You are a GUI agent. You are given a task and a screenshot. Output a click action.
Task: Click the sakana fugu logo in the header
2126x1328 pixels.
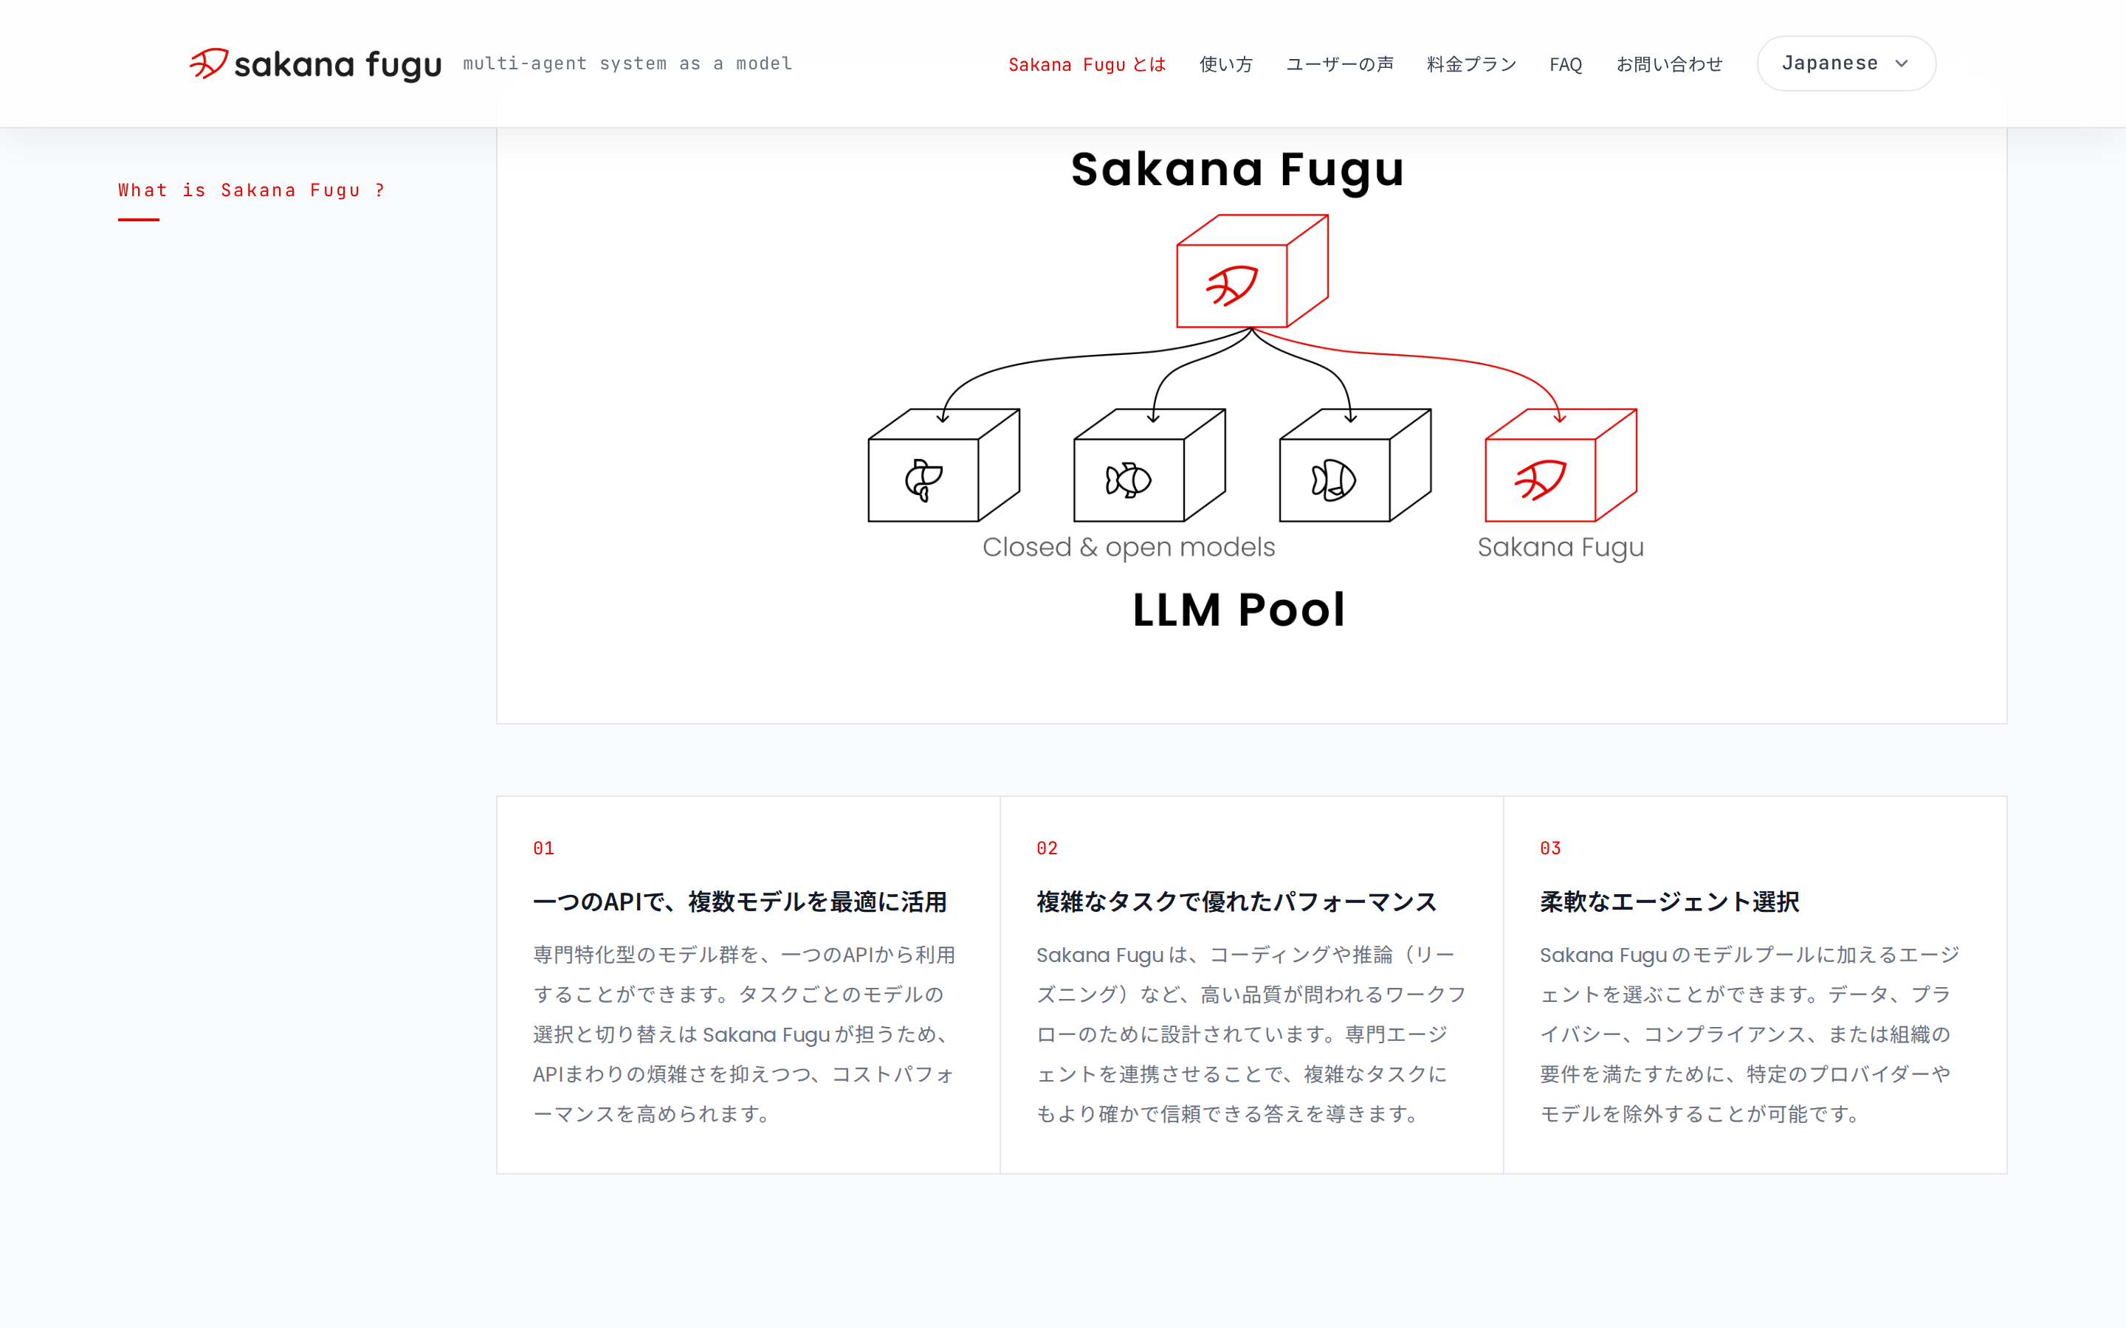click(315, 63)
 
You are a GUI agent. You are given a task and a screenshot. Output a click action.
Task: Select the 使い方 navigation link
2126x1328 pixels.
click(1225, 64)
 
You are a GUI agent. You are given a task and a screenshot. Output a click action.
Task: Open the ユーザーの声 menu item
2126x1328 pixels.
click(1340, 64)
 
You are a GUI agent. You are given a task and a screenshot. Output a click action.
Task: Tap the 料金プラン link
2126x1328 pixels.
click(1471, 64)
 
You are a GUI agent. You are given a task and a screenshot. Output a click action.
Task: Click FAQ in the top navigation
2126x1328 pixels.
click(1566, 64)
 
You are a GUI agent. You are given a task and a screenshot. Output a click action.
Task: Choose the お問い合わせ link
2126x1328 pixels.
click(1669, 64)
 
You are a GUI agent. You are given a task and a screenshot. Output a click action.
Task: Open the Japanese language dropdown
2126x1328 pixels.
click(1845, 63)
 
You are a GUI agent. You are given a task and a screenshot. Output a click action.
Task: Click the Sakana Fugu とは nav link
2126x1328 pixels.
click(1087, 64)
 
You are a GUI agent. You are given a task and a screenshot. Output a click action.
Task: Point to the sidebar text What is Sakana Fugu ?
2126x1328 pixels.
click(251, 190)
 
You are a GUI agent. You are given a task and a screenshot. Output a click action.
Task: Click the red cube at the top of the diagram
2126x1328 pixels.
click(1252, 272)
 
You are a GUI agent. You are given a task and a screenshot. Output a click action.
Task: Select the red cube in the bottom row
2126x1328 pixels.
click(1561, 466)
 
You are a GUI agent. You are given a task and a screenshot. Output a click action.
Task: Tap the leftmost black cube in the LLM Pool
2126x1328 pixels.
click(943, 466)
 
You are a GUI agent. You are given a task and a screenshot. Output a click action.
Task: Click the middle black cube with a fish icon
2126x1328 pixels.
click(1149, 466)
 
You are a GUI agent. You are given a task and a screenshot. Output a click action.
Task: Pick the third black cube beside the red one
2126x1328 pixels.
click(1355, 466)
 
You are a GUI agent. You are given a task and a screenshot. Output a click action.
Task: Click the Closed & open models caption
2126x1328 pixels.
click(1128, 547)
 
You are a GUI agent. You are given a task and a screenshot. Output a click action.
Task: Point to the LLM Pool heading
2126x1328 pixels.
click(1239, 609)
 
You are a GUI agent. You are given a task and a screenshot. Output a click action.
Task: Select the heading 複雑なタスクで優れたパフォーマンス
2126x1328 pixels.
click(1236, 902)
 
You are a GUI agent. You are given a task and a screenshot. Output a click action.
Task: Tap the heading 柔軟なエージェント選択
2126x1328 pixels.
click(1669, 902)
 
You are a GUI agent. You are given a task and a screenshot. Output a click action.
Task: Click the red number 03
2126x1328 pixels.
click(1550, 848)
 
